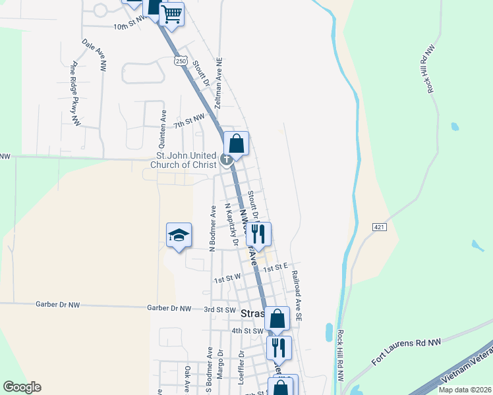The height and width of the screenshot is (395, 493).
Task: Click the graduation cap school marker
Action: pyautogui.click(x=178, y=236)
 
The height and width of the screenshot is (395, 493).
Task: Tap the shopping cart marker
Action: pyautogui.click(x=171, y=13)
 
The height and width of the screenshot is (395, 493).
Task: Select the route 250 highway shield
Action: pyautogui.click(x=180, y=61)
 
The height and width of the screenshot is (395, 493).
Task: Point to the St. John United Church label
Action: pyautogui.click(x=183, y=160)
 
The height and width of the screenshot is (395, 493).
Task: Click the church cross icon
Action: pyautogui.click(x=227, y=159)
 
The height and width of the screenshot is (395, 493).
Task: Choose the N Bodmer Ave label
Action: pyautogui.click(x=212, y=228)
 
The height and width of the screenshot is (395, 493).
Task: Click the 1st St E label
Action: pyautogui.click(x=276, y=268)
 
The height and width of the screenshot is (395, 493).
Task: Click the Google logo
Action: pyautogui.click(x=22, y=387)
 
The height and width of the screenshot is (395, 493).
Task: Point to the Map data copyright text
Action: pyautogui.click(x=465, y=390)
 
